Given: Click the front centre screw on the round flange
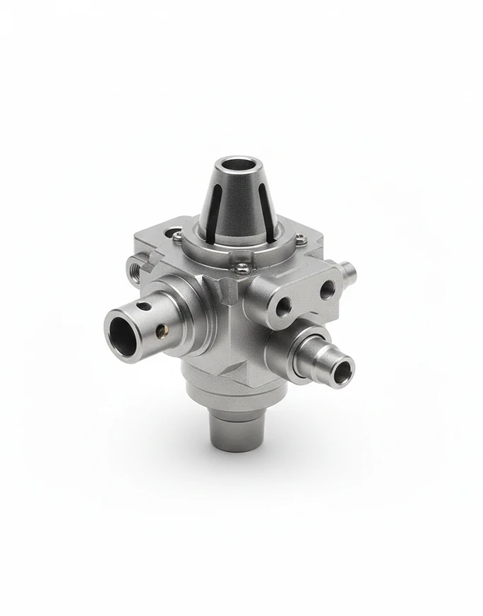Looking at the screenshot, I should tap(241, 268).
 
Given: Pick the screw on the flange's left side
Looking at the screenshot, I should tap(178, 236).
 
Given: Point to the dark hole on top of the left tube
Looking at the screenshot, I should tap(143, 306).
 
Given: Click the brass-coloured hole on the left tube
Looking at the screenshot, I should tap(161, 328).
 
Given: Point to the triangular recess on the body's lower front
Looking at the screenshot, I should tap(234, 367).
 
